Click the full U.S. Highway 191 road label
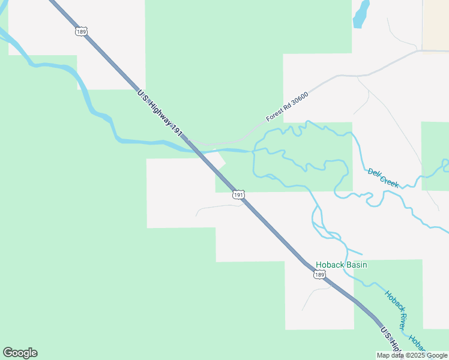click(x=160, y=113)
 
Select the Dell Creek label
click(x=383, y=178)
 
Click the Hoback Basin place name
click(x=341, y=265)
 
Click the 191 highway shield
click(x=239, y=195)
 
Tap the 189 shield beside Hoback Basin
click(x=319, y=275)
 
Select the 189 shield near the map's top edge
click(x=81, y=31)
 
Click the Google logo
click(x=20, y=353)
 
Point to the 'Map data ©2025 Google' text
click(x=412, y=355)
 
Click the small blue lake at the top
click(x=360, y=13)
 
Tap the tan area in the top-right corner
click(x=436, y=24)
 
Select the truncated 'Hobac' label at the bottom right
click(x=417, y=343)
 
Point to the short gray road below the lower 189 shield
click(x=315, y=293)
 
